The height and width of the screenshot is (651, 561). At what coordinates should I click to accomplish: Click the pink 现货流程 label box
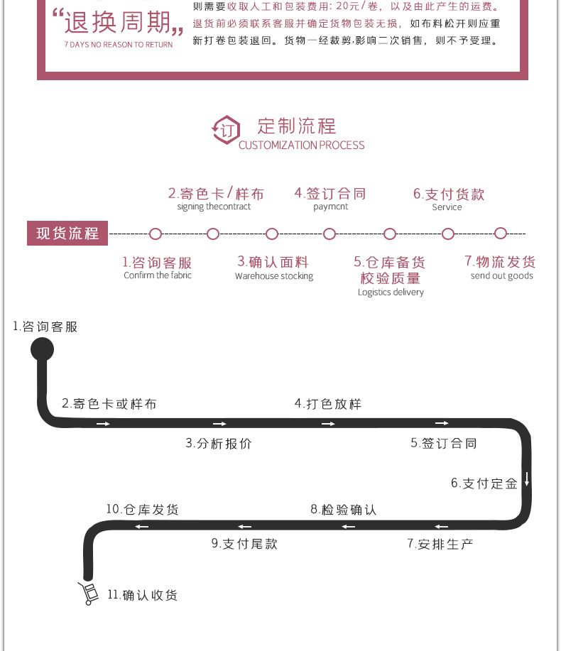67,234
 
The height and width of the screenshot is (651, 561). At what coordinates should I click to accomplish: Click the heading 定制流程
296,126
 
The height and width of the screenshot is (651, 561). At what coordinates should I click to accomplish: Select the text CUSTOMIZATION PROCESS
301,146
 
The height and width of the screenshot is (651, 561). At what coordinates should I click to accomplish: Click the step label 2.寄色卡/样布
216,193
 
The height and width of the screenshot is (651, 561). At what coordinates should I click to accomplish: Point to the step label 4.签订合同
330,193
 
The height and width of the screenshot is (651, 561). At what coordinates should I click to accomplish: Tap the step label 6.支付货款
449,194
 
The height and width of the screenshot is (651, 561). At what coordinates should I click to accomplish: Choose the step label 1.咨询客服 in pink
157,263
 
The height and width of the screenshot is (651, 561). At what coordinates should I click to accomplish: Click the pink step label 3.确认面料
273,262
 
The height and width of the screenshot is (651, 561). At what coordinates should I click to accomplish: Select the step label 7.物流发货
501,261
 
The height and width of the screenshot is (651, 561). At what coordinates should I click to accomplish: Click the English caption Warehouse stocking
274,276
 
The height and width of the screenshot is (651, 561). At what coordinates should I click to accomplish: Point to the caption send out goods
501,276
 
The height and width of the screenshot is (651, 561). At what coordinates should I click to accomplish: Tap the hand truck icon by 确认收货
89,593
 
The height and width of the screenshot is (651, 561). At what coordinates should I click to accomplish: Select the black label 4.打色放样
328,404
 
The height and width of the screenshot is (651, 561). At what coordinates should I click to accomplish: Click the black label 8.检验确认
344,510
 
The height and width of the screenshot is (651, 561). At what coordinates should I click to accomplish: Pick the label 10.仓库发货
143,510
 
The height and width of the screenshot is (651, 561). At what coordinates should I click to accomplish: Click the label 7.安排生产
440,544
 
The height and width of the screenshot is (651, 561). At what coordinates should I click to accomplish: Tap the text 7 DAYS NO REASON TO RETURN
118,45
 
